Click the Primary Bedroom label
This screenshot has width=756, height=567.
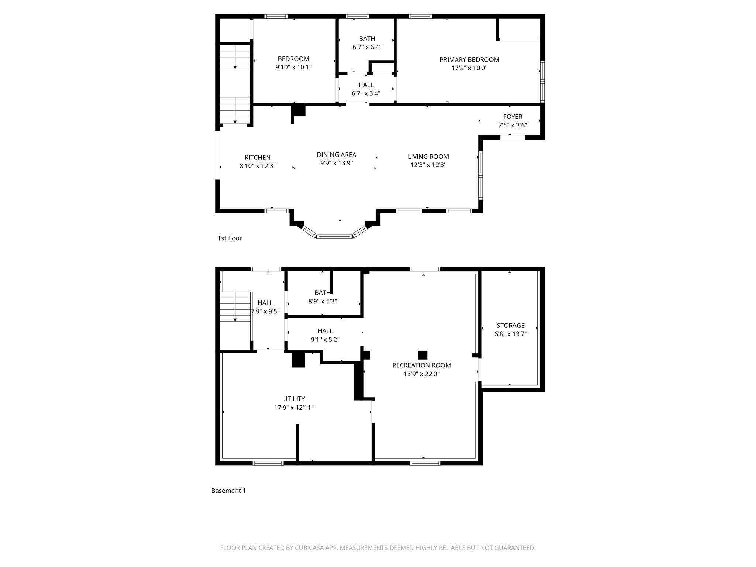[469, 59]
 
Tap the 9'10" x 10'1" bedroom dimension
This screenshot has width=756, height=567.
[293, 67]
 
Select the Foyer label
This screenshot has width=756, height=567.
[512, 117]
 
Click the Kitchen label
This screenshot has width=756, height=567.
[257, 158]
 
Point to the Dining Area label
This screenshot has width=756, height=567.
[336, 155]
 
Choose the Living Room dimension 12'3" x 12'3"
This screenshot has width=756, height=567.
[428, 165]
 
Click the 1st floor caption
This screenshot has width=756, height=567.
[230, 238]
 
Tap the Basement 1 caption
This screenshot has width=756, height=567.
[228, 491]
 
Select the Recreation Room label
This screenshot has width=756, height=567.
[421, 365]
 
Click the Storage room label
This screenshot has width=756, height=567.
[510, 326]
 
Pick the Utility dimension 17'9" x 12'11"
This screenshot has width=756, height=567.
[293, 408]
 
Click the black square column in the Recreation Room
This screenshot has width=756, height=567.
[422, 355]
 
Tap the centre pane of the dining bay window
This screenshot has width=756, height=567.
[335, 236]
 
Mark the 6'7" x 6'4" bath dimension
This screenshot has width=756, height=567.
[367, 47]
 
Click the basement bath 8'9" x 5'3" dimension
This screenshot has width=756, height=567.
[323, 301]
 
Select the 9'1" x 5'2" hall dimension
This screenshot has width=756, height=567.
[325, 339]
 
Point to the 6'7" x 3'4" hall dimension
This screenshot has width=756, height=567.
[366, 93]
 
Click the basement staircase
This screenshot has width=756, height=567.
[235, 306]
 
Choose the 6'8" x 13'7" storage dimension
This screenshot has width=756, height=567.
[510, 334]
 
